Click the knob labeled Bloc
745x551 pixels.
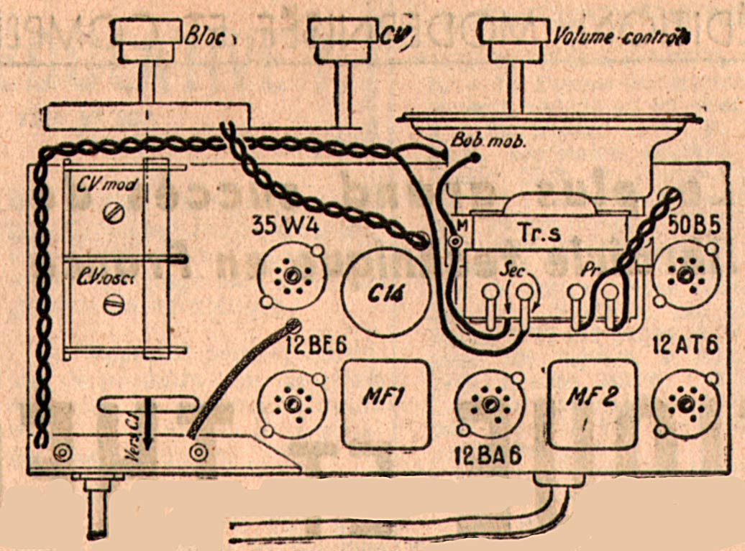click(x=146, y=40)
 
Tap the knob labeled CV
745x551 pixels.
click(x=342, y=40)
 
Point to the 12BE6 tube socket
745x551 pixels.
click(x=292, y=403)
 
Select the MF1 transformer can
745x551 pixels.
click(x=385, y=403)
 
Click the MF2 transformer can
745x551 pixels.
click(x=593, y=403)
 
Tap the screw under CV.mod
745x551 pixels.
click(x=111, y=213)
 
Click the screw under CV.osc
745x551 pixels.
click(x=112, y=305)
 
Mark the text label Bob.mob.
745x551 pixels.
click(x=489, y=140)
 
